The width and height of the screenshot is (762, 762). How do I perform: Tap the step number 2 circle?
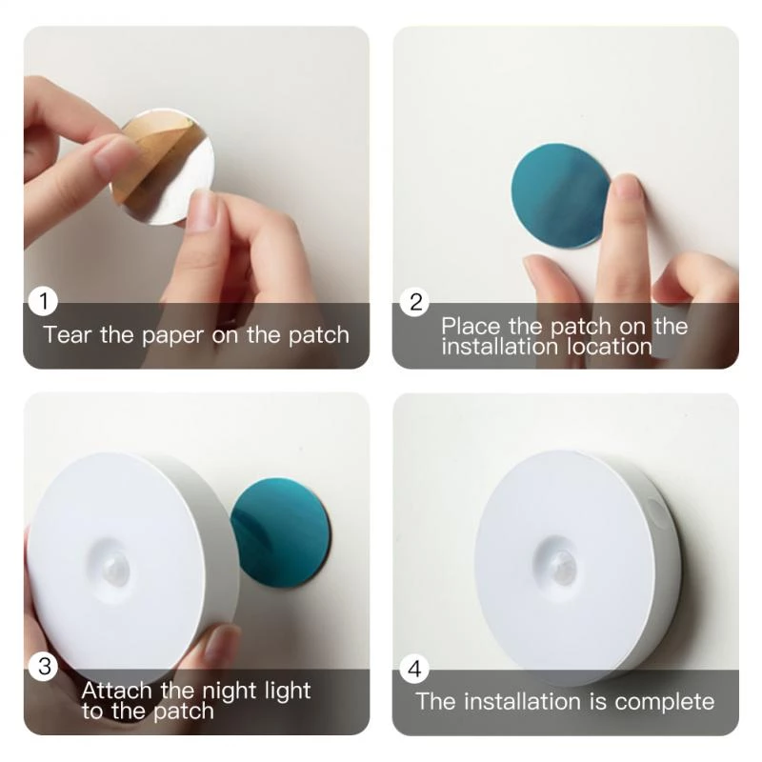(x=415, y=303)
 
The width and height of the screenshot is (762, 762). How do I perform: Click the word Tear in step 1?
(x=67, y=335)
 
